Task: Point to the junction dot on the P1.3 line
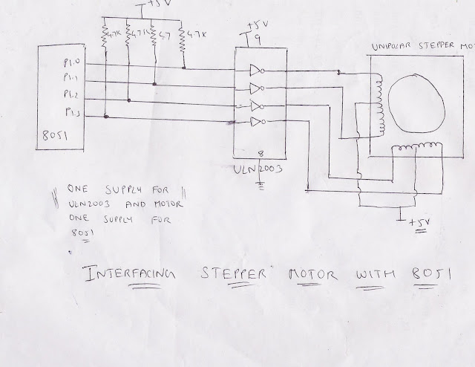click(107, 117)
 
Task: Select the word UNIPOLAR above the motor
click(392, 47)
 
